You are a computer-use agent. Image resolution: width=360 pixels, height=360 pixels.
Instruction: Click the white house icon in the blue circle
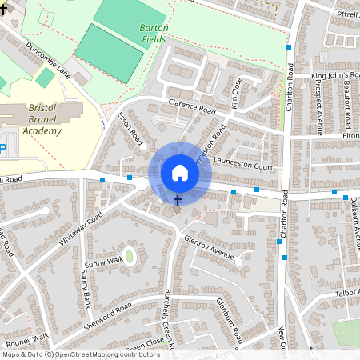point(179,173)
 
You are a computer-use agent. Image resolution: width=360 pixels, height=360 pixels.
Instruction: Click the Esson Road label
point(130,130)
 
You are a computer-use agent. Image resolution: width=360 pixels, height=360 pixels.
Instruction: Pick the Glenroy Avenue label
point(207,247)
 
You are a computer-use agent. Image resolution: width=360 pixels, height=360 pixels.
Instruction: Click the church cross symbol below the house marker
point(178,199)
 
